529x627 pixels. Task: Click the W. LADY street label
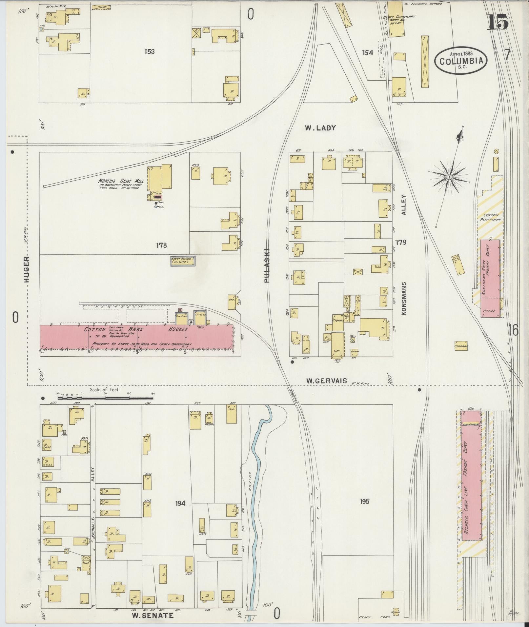coord(320,128)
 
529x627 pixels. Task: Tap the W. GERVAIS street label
coord(326,381)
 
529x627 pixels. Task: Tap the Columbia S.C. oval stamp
coord(461,61)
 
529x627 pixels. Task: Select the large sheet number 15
coord(497,22)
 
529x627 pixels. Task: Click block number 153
coord(149,51)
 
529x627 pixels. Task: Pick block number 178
coord(161,245)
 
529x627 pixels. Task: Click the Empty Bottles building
coord(183,261)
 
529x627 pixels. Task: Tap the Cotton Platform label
coord(491,217)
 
